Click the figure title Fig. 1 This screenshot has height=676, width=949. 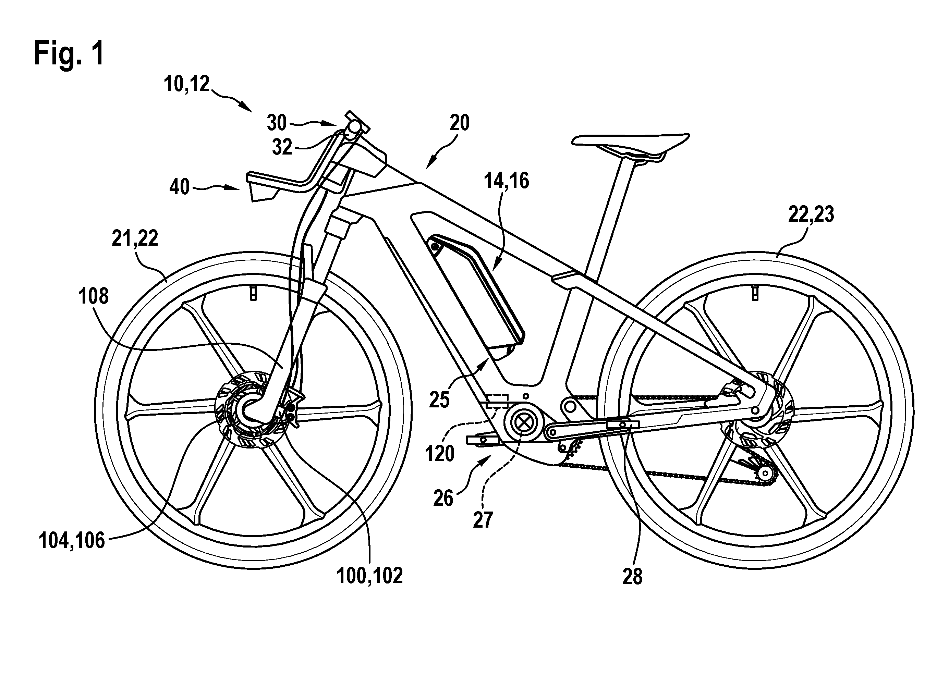(69, 53)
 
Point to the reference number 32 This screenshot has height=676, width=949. (282, 147)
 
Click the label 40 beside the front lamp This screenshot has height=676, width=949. (180, 187)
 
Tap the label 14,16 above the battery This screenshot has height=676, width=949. (506, 181)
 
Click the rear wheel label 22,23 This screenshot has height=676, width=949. (811, 215)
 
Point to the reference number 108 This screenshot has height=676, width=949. (93, 296)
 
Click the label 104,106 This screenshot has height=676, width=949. (72, 541)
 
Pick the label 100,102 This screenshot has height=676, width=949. (370, 576)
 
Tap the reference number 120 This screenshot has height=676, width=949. (440, 453)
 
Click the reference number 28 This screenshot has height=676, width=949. (633, 577)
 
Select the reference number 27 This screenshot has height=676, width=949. (483, 520)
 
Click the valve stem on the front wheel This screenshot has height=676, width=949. (253, 293)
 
